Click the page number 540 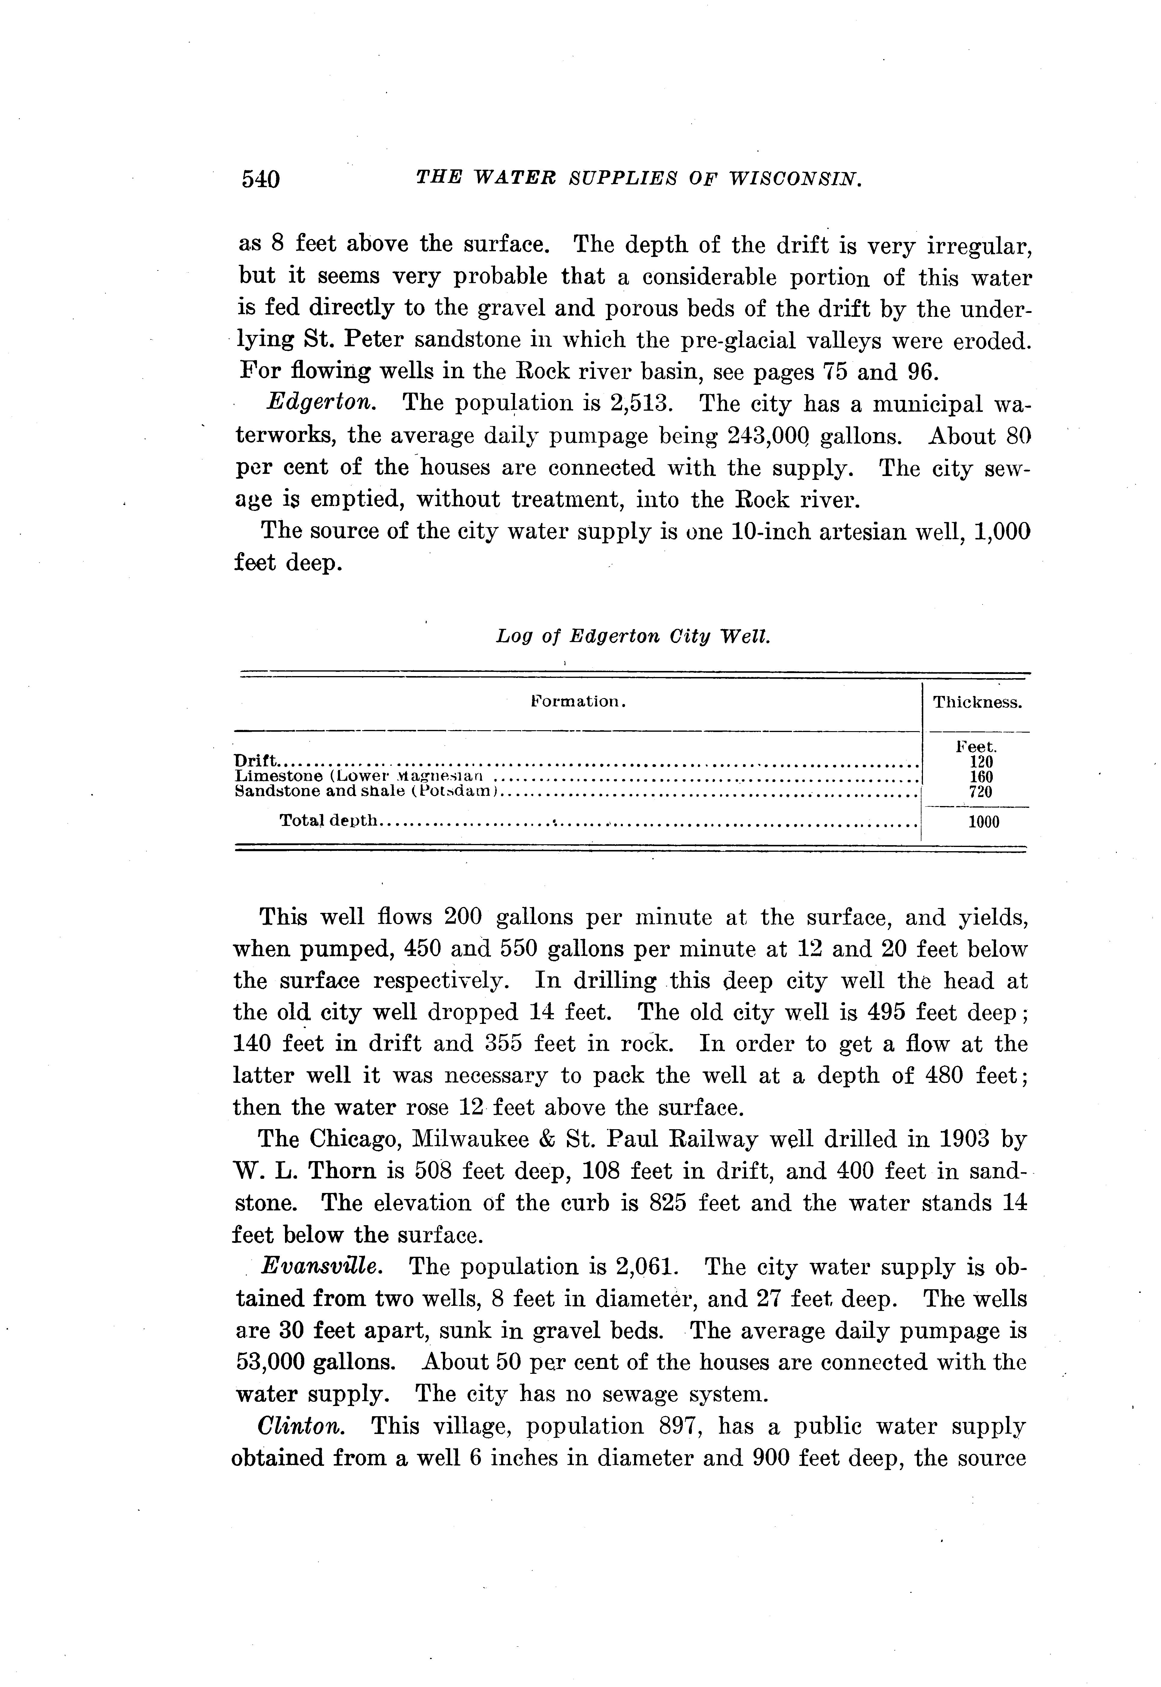coord(260,179)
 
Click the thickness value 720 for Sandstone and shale coord(981,792)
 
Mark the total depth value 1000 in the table coord(983,822)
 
